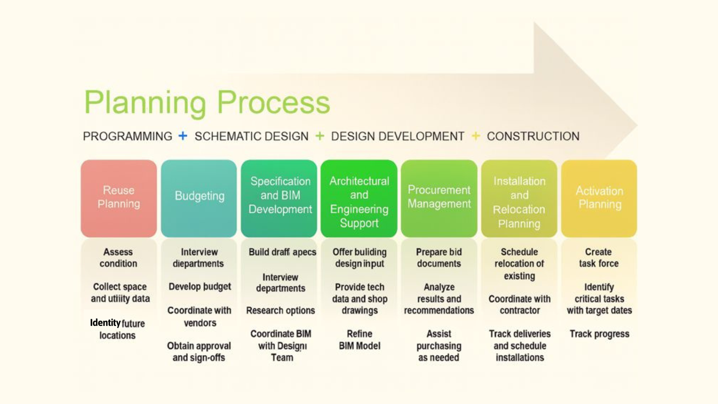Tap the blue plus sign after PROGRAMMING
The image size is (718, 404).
point(183,136)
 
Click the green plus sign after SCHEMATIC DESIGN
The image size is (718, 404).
point(320,136)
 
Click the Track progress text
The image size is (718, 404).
point(599,334)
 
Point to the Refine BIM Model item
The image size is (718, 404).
point(360,340)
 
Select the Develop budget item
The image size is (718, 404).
point(200,287)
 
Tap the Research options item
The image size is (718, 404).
point(280,310)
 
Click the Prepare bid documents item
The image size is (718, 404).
point(439,258)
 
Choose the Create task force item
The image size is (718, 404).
point(599,258)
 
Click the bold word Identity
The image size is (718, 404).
point(105,323)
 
